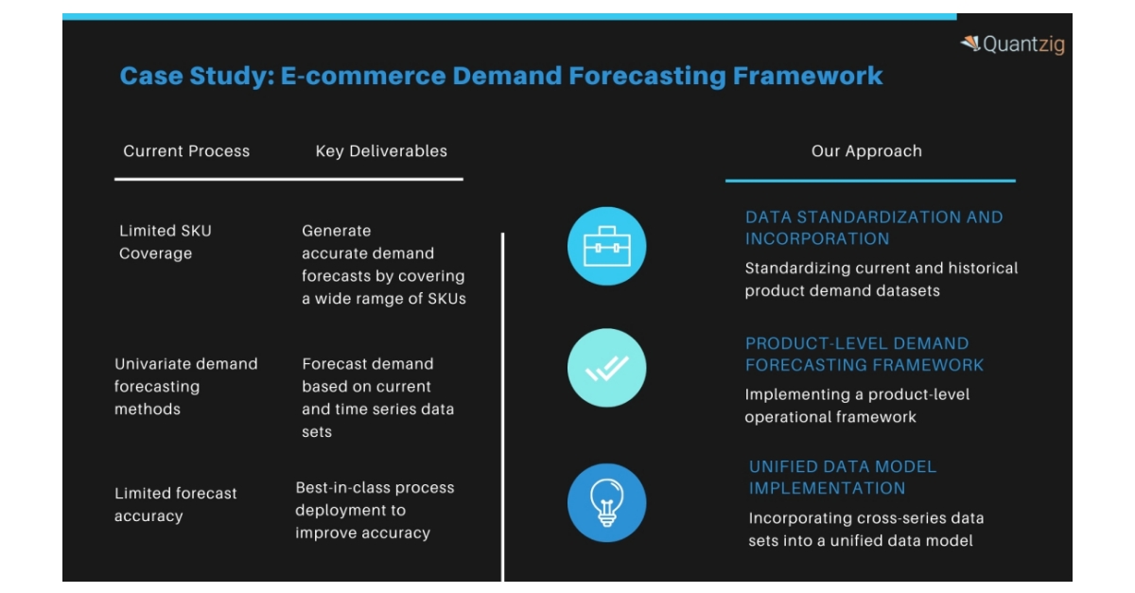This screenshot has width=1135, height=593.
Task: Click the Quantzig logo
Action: pos(1012,44)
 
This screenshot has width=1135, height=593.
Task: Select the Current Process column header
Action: pos(186,151)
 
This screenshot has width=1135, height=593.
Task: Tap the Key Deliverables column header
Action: pos(381,151)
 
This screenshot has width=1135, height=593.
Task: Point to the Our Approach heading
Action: pos(866,151)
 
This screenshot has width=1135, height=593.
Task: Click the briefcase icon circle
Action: pos(606,247)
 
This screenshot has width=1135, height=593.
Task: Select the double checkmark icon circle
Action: pos(606,368)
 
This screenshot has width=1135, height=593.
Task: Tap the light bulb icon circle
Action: pos(606,502)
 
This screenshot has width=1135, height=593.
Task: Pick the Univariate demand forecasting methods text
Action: pos(185,386)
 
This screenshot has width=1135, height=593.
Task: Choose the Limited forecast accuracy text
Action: pos(175,504)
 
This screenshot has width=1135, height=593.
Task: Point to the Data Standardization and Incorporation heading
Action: pos(873,228)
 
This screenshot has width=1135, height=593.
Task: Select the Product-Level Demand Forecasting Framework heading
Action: pos(864,354)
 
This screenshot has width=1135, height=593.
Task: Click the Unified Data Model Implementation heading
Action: pos(842,478)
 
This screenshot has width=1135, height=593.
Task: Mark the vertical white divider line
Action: pos(502,407)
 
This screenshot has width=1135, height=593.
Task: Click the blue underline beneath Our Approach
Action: pos(870,180)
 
